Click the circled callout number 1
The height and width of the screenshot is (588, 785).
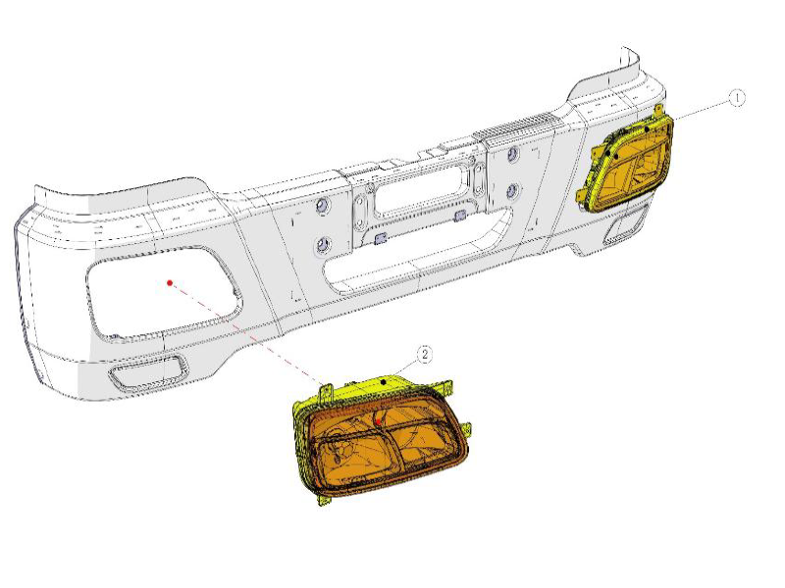737,97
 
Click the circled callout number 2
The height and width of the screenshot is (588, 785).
425,354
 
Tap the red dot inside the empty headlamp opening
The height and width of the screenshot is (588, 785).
170,282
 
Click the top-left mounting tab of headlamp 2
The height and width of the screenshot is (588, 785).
325,392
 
